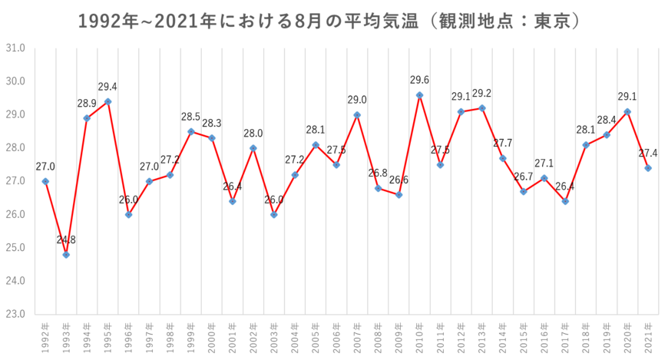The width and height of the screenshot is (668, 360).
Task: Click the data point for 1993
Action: (66, 255)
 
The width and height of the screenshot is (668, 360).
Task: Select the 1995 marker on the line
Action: (108, 101)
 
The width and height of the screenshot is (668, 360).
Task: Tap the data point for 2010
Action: (420, 94)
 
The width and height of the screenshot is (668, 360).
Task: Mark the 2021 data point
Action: (649, 168)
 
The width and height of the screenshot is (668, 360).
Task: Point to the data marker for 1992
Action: (45, 181)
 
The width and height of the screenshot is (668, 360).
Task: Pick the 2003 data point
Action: (274, 215)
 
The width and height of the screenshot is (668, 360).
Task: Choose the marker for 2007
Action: (357, 114)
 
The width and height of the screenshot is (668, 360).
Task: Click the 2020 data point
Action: (628, 111)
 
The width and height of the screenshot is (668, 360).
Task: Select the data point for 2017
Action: (566, 202)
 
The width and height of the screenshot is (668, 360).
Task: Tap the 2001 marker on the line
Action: (233, 202)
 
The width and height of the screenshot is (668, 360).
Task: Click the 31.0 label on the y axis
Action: (16, 48)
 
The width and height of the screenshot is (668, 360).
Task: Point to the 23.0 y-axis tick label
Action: (16, 314)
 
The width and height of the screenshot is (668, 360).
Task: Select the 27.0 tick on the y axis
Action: (16, 181)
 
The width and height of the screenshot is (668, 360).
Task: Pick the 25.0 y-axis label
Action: (16, 248)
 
